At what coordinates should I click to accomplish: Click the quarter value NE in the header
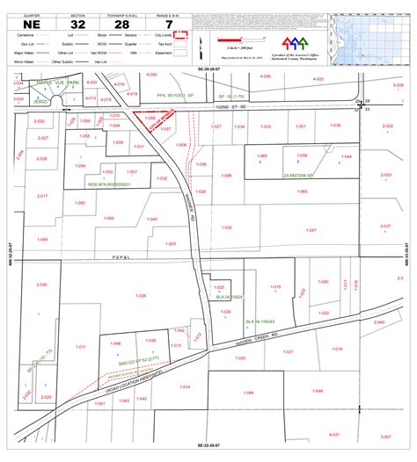tap(31, 25)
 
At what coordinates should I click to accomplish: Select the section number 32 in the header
tap(78, 25)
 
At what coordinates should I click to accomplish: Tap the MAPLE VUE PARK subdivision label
tap(58, 83)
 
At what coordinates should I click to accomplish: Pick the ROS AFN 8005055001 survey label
tap(108, 184)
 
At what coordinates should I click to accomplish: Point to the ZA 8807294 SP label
tap(298, 176)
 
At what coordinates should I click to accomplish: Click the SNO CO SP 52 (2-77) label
tap(138, 359)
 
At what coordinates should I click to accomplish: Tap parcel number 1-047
tap(311, 230)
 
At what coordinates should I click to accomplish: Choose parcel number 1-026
tap(141, 296)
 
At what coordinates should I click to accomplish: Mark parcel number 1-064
tap(248, 393)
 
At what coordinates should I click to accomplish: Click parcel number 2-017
tap(42, 196)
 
